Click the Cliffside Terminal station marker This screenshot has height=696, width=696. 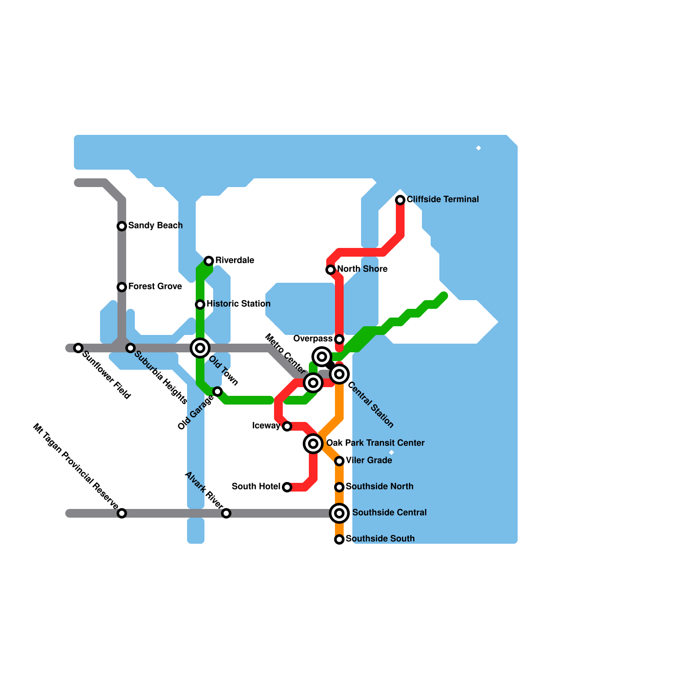point(400,200)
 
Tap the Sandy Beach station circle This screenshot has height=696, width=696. point(122,226)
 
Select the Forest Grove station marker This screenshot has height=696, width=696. point(122,287)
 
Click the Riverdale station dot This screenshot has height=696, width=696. point(209,261)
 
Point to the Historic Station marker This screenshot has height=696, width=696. point(200,304)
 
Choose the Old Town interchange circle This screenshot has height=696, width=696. point(200,348)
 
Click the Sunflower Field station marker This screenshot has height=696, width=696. point(78,348)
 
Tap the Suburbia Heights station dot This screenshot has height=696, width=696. point(130,348)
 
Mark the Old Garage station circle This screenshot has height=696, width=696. point(217,391)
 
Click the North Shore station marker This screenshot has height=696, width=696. point(331,270)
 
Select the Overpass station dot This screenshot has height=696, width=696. point(339,339)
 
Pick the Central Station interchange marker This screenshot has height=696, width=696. point(339,374)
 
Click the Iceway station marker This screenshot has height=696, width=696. point(287,426)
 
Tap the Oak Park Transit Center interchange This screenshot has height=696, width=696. point(313,444)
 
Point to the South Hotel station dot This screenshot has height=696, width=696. point(287,487)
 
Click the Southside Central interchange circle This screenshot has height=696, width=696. point(339,513)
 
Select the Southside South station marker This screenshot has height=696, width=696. point(339,539)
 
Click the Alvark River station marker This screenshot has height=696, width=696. point(226,513)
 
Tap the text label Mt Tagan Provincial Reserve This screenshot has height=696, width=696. point(75,466)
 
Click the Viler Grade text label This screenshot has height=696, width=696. point(369,460)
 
